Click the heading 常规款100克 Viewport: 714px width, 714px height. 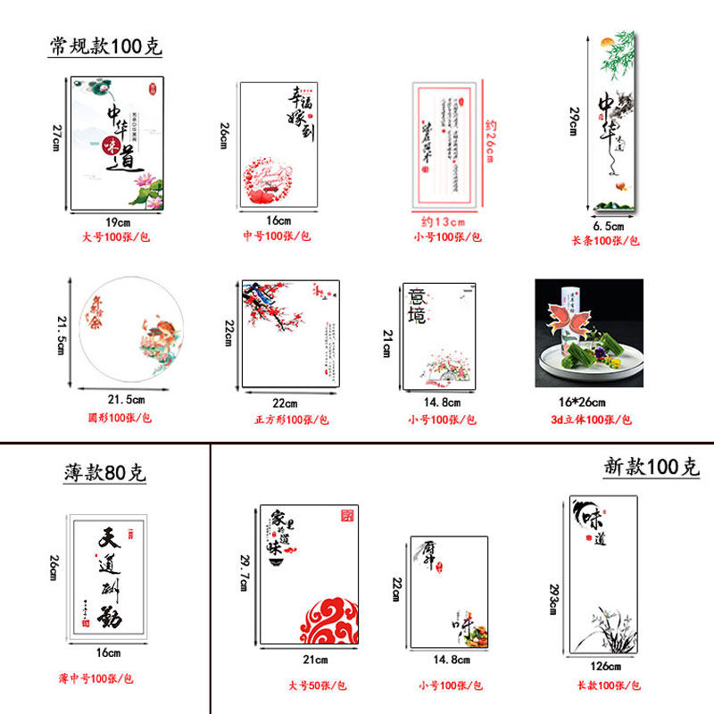105,46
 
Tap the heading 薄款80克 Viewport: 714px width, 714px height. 104,473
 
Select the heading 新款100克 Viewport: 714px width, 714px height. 651,466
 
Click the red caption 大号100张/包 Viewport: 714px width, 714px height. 118,238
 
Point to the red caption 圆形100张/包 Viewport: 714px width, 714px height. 119,417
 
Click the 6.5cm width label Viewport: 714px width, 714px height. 609,226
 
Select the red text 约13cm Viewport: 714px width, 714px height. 444,221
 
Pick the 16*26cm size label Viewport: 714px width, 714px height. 589,402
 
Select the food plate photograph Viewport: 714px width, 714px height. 589,333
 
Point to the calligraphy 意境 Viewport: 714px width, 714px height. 417,305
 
